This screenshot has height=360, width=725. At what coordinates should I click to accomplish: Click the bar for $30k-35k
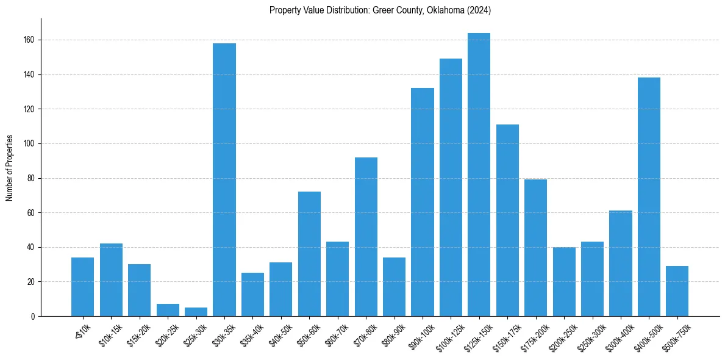[224, 179]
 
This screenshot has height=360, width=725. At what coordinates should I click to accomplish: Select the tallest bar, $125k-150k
[479, 175]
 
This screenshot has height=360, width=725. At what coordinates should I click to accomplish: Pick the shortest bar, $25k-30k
[196, 312]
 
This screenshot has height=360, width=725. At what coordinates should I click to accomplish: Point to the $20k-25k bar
[168, 310]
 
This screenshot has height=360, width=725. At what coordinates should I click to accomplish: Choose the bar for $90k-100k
[423, 202]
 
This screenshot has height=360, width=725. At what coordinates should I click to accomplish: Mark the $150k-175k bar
[507, 220]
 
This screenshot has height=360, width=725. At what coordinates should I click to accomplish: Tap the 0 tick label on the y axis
[33, 317]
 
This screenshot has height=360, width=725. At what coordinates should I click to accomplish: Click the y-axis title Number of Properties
[9, 168]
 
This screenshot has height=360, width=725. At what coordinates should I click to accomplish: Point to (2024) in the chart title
[479, 10]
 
